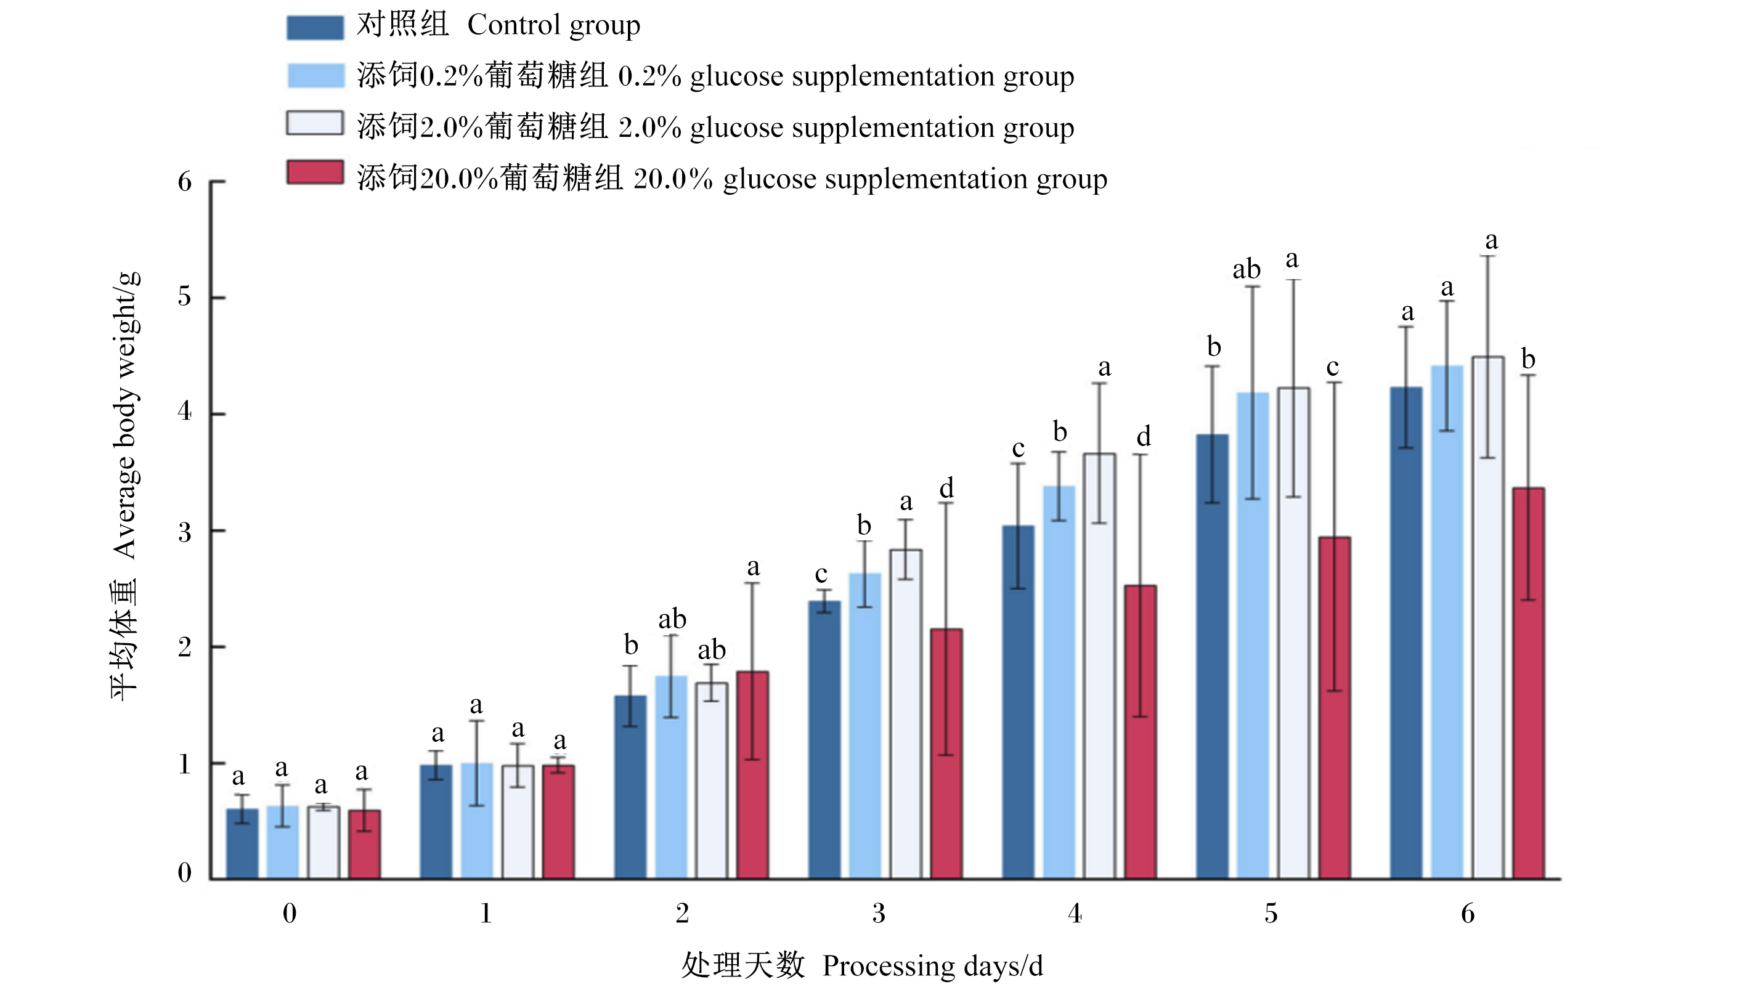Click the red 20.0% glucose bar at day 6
pyautogui.click(x=1528, y=683)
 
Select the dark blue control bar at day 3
pyautogui.click(x=824, y=740)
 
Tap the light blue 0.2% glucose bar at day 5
pyautogui.click(x=1253, y=636)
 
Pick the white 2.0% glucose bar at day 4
pyautogui.click(x=1099, y=666)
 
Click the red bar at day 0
pyautogui.click(x=364, y=845)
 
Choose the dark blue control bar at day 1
pyautogui.click(x=436, y=822)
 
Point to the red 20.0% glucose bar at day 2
pyautogui.click(x=752, y=775)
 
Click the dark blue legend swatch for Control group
pyautogui.click(x=315, y=28)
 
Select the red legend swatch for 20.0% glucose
pyautogui.click(x=315, y=173)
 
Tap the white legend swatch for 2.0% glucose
pyautogui.click(x=315, y=123)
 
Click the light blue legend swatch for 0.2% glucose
pyautogui.click(x=315, y=76)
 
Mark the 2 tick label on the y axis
pyautogui.click(x=184, y=647)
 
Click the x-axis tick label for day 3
pyautogui.click(x=879, y=914)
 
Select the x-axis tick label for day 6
pyautogui.click(x=1467, y=914)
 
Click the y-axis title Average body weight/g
pyautogui.click(x=126, y=415)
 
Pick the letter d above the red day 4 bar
pyautogui.click(x=1144, y=436)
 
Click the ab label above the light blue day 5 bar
pyautogui.click(x=1247, y=269)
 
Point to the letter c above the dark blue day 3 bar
pyautogui.click(x=821, y=575)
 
